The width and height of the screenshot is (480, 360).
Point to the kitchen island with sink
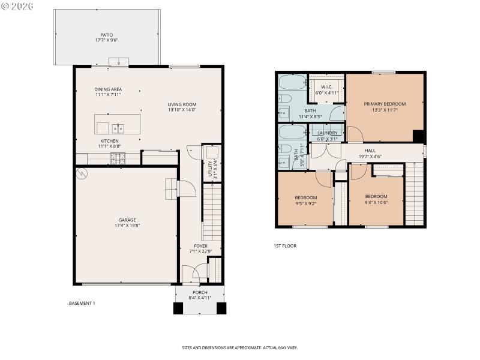click(118, 125)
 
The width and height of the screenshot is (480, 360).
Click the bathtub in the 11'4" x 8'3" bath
click(292, 82)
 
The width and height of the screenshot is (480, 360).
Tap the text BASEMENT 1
click(82, 304)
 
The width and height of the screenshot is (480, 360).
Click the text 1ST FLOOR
click(284, 245)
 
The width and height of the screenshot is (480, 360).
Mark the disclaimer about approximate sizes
click(239, 347)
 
